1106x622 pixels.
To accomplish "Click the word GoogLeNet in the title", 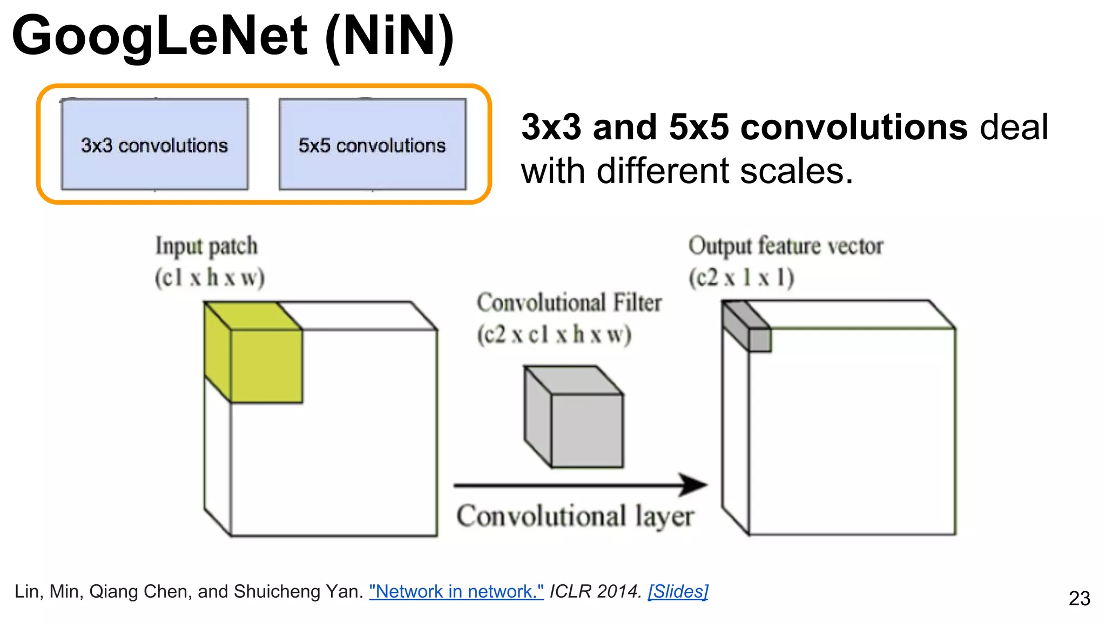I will pyautogui.click(x=159, y=37).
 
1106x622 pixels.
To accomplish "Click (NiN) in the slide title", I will pyautogui.click(x=389, y=37).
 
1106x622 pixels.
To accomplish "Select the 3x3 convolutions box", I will pyautogui.click(x=155, y=145).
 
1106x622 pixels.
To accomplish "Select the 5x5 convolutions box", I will pyautogui.click(x=373, y=145).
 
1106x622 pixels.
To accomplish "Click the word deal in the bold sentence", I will pyautogui.click(x=1014, y=127).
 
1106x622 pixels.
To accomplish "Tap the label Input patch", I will pyautogui.click(x=207, y=246).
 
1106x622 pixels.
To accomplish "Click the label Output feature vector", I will pyautogui.click(x=786, y=246).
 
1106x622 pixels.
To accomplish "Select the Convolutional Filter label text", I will pyautogui.click(x=569, y=303).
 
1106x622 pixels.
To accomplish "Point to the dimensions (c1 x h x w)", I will pyautogui.click(x=210, y=278).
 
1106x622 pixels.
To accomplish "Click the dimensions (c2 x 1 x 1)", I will pyautogui.click(x=741, y=278).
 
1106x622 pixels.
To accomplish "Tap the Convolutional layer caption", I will pyautogui.click(x=575, y=516).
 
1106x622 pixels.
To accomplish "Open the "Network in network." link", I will pyautogui.click(x=456, y=592).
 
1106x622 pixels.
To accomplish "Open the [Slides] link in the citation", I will pyautogui.click(x=678, y=592).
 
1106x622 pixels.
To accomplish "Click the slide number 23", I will pyautogui.click(x=1080, y=598).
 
